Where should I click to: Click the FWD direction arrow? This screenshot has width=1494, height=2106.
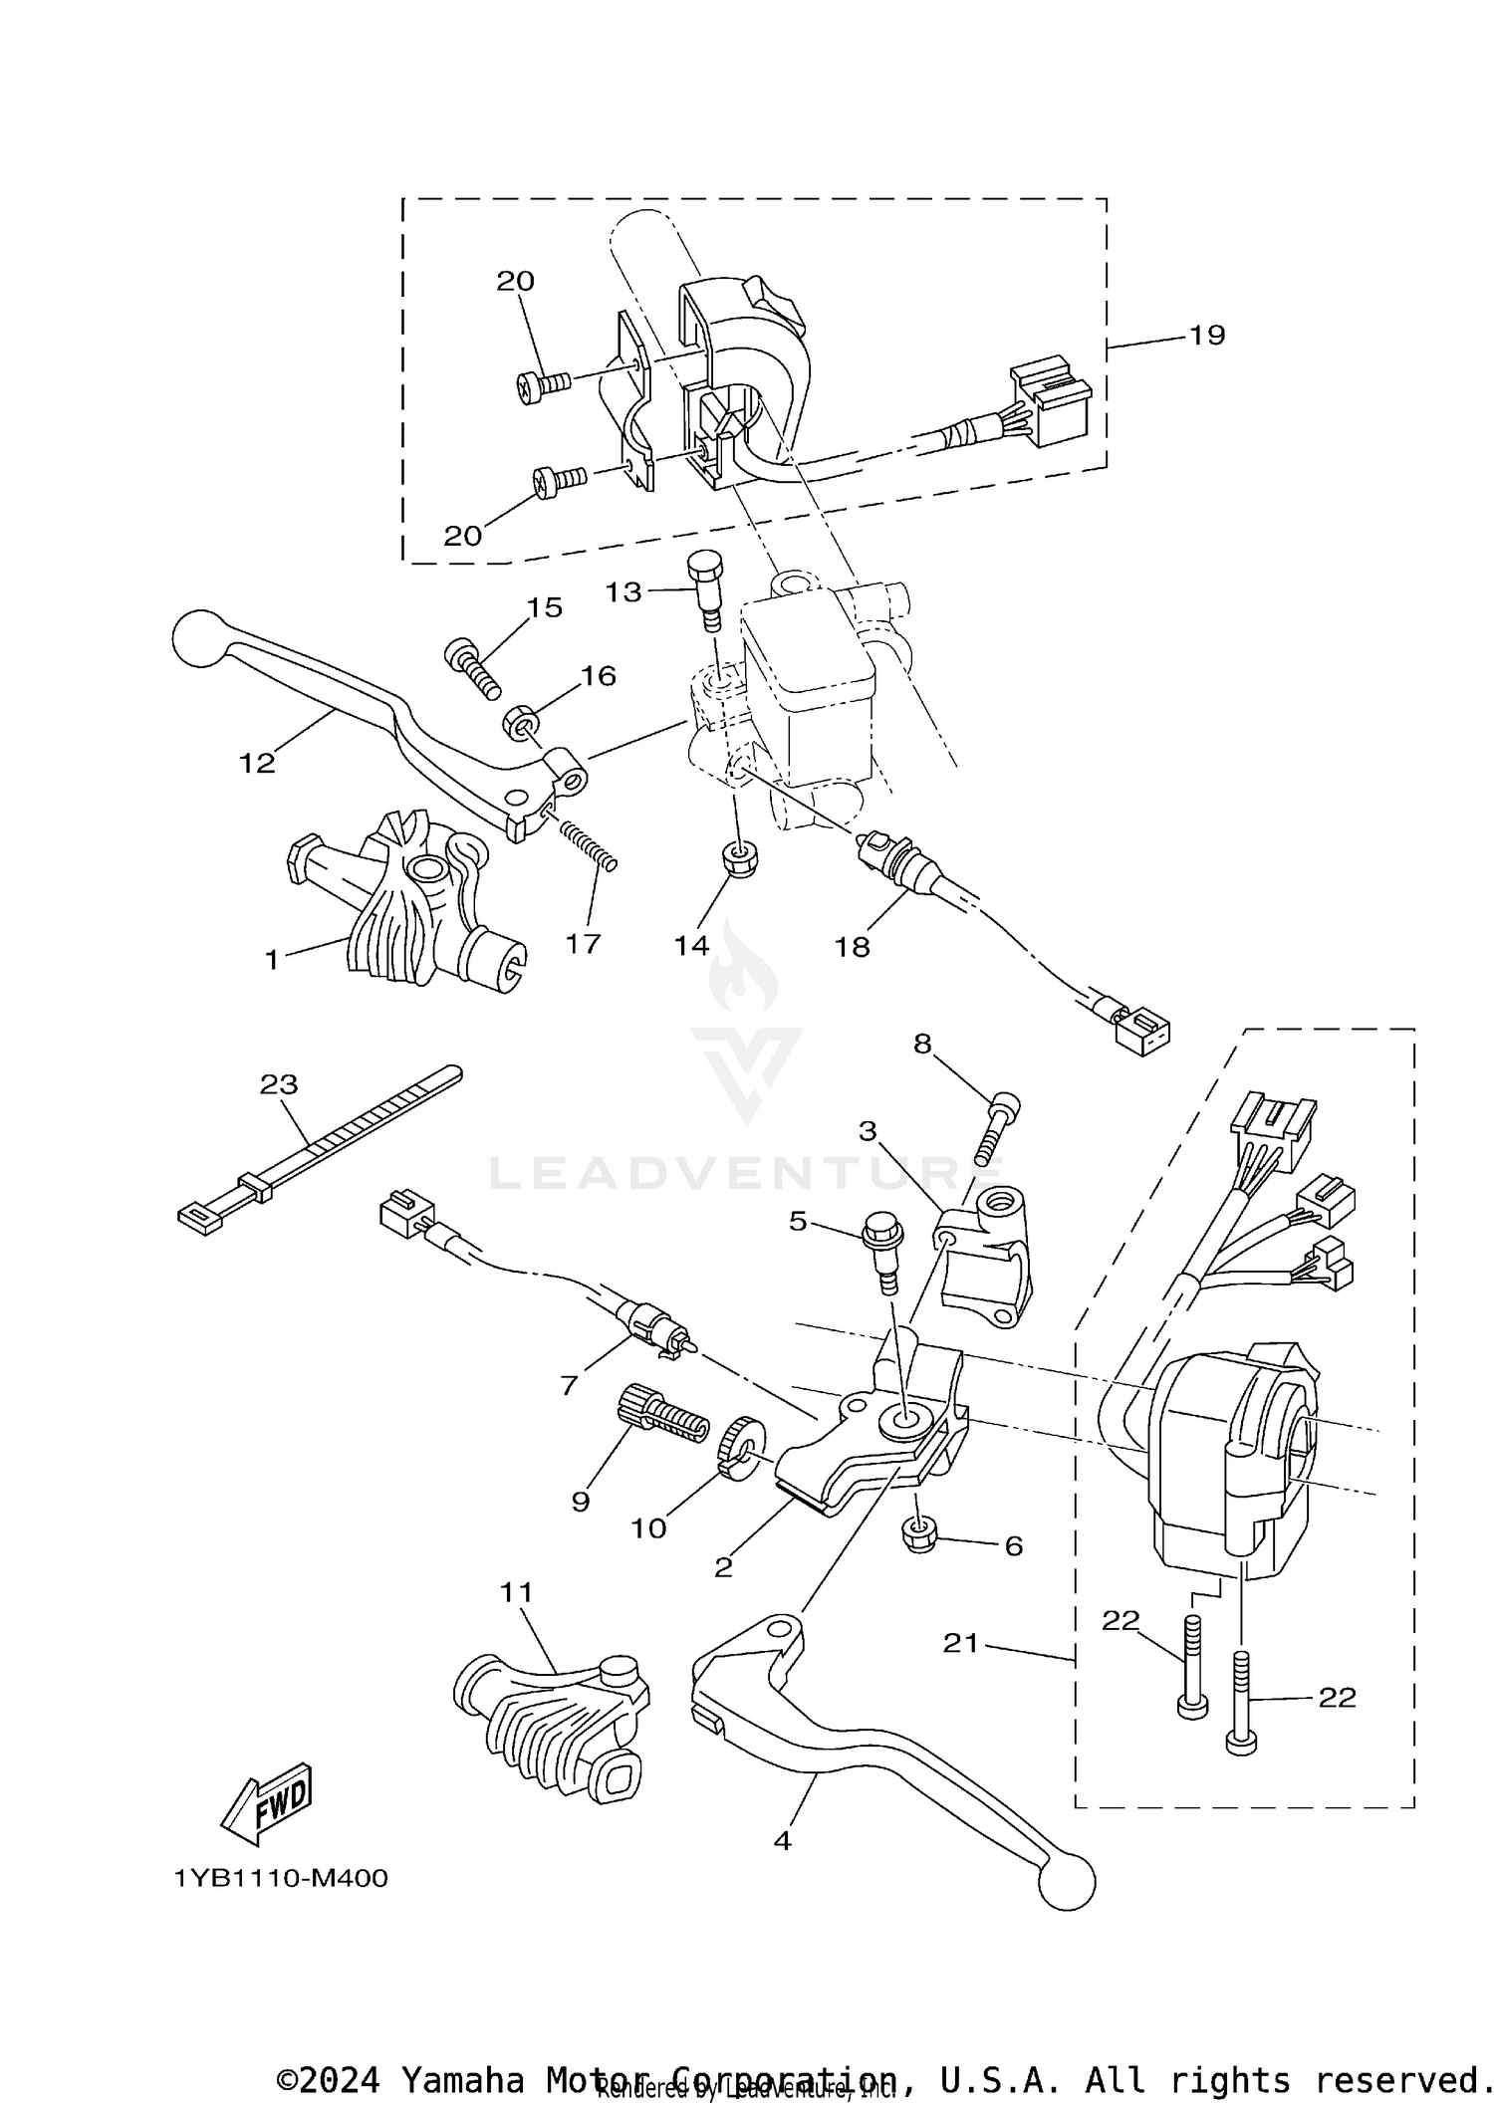click(x=267, y=1804)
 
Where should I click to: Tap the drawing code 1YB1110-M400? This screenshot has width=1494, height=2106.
click(x=281, y=1879)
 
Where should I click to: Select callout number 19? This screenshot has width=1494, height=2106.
click(x=1206, y=336)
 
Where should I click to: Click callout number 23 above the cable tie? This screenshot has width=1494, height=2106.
click(x=279, y=1084)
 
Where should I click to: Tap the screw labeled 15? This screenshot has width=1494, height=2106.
click(x=472, y=666)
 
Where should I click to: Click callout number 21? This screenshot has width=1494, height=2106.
click(x=961, y=1643)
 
